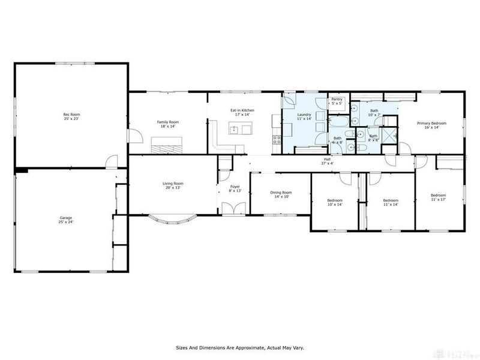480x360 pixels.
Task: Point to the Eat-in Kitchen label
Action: [x=243, y=112]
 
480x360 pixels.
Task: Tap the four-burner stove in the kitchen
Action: [x=277, y=141]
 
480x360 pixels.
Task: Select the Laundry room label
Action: [x=304, y=116]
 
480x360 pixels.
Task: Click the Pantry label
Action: [x=337, y=101]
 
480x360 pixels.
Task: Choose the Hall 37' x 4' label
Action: [x=328, y=161]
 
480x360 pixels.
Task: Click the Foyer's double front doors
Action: [x=231, y=209]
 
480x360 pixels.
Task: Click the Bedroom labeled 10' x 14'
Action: [x=334, y=202]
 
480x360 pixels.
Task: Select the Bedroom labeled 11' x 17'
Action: [x=438, y=197]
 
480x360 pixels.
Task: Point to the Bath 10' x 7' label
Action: [x=374, y=112]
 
